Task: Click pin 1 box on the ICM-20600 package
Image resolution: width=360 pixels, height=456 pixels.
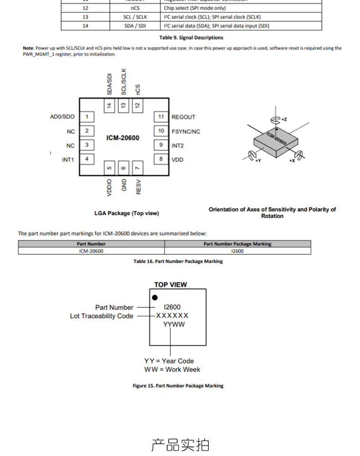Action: tap(87, 117)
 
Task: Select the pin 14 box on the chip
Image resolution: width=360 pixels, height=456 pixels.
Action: tap(109, 106)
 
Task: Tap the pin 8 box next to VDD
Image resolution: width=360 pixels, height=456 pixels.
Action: tap(161, 160)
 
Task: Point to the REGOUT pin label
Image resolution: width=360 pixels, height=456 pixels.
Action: tap(183, 117)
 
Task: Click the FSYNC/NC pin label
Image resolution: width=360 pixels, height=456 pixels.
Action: tap(185, 131)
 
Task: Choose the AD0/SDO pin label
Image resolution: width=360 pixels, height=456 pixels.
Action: tap(62, 117)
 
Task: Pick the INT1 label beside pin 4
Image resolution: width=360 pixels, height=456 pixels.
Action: tap(68, 160)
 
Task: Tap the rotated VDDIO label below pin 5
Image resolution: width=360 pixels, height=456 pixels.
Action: tap(109, 187)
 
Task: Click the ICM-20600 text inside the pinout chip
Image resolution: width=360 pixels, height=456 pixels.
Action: tap(123, 138)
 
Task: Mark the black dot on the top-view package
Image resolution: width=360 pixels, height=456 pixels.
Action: tap(155, 298)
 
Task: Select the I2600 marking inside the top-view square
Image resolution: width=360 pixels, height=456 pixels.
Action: tap(172, 307)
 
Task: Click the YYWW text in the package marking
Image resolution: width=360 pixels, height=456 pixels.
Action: tap(174, 324)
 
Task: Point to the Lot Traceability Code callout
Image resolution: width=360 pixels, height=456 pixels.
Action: tap(102, 316)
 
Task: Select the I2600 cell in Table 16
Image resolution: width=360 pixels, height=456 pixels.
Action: tap(237, 251)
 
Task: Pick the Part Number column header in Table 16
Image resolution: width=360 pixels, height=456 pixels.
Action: tap(91, 244)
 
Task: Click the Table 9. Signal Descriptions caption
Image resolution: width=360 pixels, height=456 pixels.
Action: tap(191, 38)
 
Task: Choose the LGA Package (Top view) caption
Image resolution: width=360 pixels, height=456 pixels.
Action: tap(127, 213)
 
